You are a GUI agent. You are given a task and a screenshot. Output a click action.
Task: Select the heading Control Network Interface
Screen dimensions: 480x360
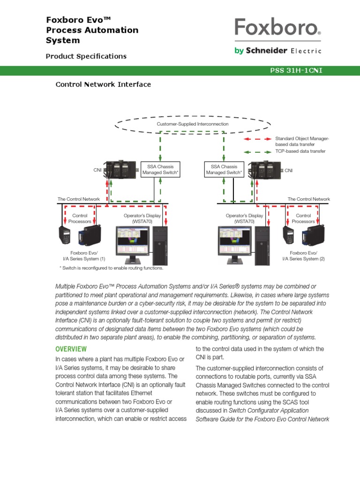[x=103, y=84]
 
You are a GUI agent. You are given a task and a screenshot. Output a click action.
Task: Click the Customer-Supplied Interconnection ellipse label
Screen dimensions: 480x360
[x=193, y=124]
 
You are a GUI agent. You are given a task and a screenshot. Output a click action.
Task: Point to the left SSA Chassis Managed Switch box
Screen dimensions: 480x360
[x=161, y=170]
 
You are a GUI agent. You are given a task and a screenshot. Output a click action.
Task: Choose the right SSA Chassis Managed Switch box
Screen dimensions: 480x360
[x=224, y=170]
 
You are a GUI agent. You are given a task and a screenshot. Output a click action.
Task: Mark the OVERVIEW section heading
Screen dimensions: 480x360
[x=71, y=349]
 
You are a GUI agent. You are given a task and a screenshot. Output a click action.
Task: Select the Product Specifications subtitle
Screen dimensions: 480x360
[x=86, y=56]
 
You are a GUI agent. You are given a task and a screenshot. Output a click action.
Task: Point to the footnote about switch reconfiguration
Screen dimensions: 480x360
[x=111, y=268]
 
